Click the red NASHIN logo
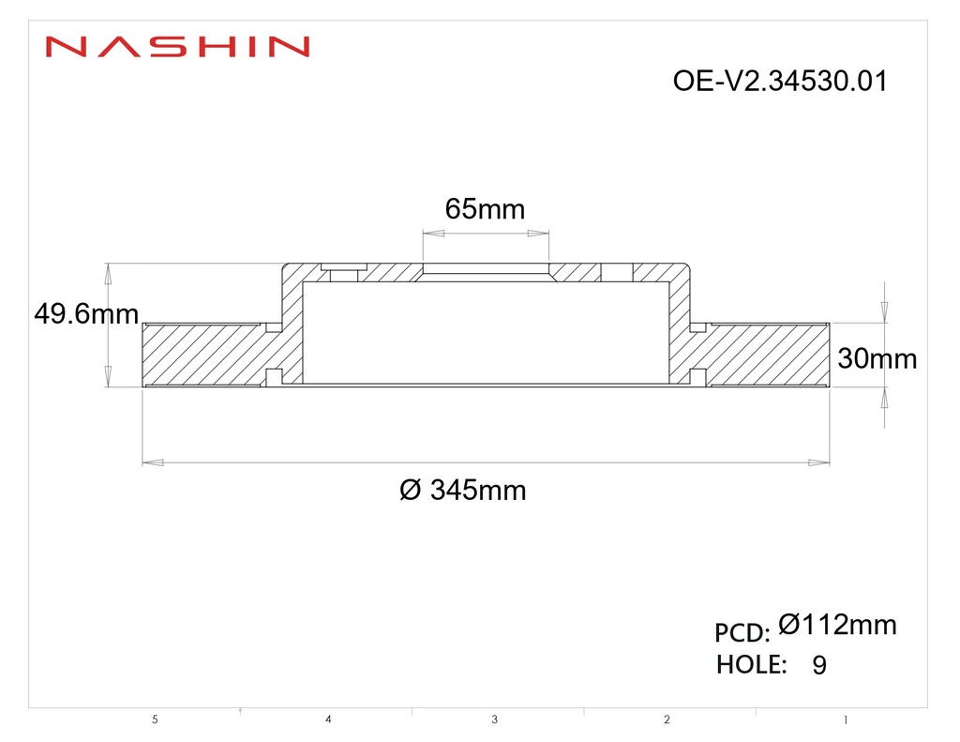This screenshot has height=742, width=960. [177, 46]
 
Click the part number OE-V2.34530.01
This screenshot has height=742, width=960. [779, 82]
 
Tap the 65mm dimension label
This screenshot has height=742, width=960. [485, 208]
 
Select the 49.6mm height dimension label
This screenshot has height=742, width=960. [85, 313]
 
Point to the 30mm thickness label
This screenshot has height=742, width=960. [877, 357]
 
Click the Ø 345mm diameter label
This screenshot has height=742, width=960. [462, 490]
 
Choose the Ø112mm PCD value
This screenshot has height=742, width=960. [837, 625]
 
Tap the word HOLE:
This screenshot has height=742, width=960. [751, 664]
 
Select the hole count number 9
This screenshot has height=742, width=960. [819, 666]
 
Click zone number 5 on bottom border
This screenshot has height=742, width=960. [155, 720]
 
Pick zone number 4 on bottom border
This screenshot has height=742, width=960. [328, 719]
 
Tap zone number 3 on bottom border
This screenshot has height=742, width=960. [494, 720]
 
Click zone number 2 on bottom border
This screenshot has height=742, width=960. [667, 720]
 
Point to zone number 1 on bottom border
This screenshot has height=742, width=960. [845, 720]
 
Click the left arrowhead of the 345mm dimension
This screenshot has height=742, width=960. [152, 462]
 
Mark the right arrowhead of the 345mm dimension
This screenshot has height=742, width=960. [819, 462]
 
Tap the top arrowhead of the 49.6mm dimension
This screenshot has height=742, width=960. [108, 273]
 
